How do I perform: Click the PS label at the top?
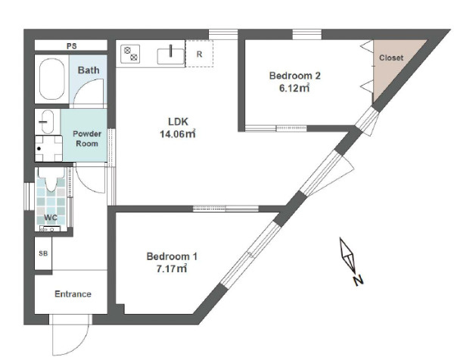point(72,46)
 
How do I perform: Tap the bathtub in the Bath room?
point(51,79)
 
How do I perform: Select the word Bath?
point(89,70)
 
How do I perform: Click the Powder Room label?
point(87,138)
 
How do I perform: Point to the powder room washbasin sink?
point(45,122)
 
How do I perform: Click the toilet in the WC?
point(51,179)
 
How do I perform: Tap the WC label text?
point(51,218)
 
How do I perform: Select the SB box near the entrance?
point(43,253)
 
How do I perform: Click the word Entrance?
point(73,294)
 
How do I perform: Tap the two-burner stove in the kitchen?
point(130,54)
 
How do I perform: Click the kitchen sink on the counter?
point(170,56)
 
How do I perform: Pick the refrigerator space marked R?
point(199,54)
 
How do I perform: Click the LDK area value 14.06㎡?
point(178,134)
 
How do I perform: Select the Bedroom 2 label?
point(295,76)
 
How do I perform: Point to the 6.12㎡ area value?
point(294,88)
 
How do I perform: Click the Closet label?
point(391,57)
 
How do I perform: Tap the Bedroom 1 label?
point(172,256)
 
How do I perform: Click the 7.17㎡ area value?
point(172,268)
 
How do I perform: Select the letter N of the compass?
point(358,281)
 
